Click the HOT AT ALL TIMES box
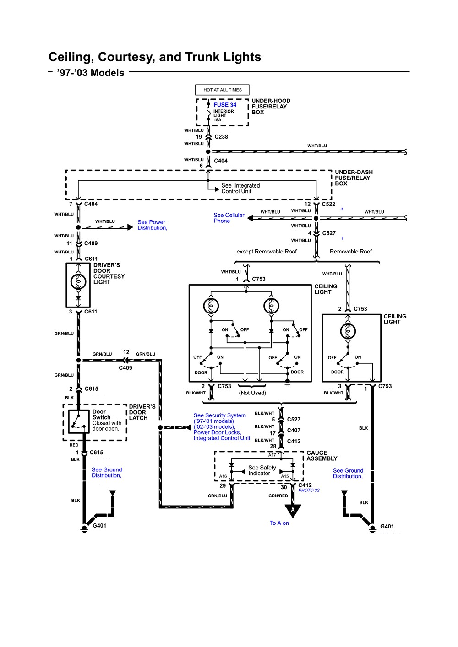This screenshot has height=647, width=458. click(x=222, y=90)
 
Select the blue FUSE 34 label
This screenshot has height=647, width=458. click(x=225, y=105)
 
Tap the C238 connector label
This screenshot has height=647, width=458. click(x=221, y=137)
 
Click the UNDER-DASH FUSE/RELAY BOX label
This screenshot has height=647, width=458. click(x=354, y=178)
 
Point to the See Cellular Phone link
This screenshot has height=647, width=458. click(x=229, y=218)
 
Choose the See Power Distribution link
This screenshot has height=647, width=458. click(x=153, y=225)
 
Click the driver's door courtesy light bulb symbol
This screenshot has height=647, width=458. click(x=78, y=281)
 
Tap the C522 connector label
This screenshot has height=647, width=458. click(x=328, y=204)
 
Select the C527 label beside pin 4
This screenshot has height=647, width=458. click(x=329, y=233)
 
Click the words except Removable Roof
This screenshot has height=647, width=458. click(x=267, y=252)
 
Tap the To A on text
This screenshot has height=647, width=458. click(x=279, y=523)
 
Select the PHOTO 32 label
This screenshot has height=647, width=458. click(x=309, y=490)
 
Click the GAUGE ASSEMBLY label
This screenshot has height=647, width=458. click(x=322, y=455)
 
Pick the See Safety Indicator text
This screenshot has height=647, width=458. click(x=262, y=470)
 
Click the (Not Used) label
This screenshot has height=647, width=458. click(x=252, y=393)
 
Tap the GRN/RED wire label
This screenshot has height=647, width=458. click(x=278, y=496)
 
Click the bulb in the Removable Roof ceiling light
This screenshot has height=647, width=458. click(x=348, y=331)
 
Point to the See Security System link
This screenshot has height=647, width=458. click(x=220, y=415)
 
